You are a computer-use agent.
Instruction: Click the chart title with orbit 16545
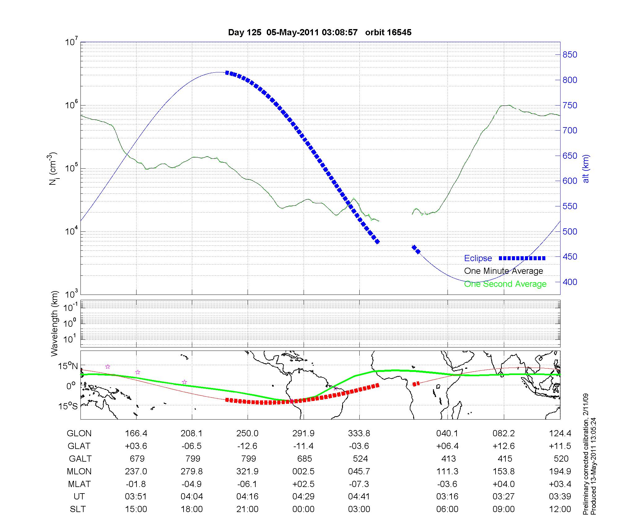(x=319, y=32)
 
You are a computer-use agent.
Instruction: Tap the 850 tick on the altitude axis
(x=570, y=55)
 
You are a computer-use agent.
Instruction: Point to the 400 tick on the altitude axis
(x=570, y=282)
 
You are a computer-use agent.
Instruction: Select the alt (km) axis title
(x=586, y=169)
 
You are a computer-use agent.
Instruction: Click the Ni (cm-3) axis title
(x=53, y=169)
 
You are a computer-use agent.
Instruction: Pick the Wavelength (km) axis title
(x=54, y=323)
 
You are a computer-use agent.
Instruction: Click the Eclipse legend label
(x=478, y=258)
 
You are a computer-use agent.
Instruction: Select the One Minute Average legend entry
(x=504, y=271)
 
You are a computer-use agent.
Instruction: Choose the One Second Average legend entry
(x=505, y=284)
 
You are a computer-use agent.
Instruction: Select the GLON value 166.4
(x=136, y=433)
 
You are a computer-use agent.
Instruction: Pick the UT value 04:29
(x=303, y=497)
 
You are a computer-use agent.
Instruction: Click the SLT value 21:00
(x=247, y=509)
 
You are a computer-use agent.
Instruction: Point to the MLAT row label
(x=79, y=484)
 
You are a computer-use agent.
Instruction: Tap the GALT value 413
(x=448, y=459)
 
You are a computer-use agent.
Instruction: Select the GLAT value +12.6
(x=504, y=446)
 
